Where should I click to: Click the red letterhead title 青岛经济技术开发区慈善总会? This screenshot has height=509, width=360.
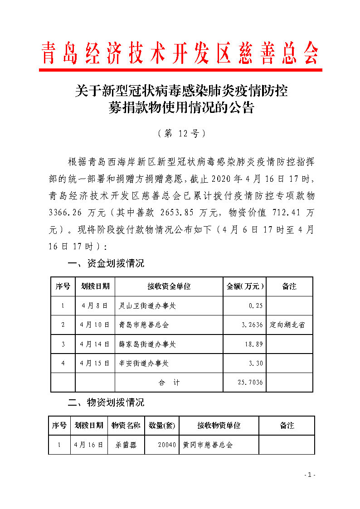[180, 53]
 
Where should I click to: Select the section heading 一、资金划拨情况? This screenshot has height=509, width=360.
[106, 263]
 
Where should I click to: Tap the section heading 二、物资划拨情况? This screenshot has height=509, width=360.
[106, 402]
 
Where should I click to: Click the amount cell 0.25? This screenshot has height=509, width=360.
[256, 306]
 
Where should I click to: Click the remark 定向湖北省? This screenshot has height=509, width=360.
[287, 325]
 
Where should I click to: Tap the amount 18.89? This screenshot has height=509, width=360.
[254, 344]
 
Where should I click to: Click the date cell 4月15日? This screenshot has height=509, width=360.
[95, 363]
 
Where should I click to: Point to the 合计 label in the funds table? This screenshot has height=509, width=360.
[169, 383]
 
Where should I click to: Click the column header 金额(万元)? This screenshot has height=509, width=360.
[245, 286]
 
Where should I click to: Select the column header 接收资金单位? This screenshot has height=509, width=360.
[169, 286]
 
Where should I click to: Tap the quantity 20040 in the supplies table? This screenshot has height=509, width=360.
[167, 445]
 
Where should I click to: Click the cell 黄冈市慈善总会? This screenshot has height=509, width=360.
[208, 445]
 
